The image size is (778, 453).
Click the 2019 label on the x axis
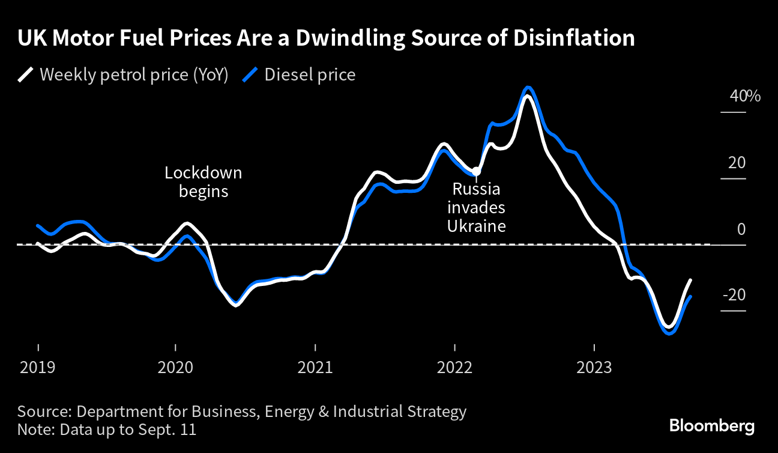tap(38, 366)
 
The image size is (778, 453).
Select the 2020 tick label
tap(175, 366)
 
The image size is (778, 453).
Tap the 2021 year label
tap(316, 366)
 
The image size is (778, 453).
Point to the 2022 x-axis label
tap(454, 366)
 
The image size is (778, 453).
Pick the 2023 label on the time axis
tap(594, 366)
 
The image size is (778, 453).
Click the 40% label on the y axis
tap(745, 96)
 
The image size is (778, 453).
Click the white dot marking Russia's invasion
tap(477, 171)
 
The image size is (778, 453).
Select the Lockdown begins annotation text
tap(204, 182)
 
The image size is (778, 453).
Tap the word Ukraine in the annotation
tap(476, 227)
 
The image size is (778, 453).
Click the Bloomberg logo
tap(711, 426)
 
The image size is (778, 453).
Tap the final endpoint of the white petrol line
tap(692, 280)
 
